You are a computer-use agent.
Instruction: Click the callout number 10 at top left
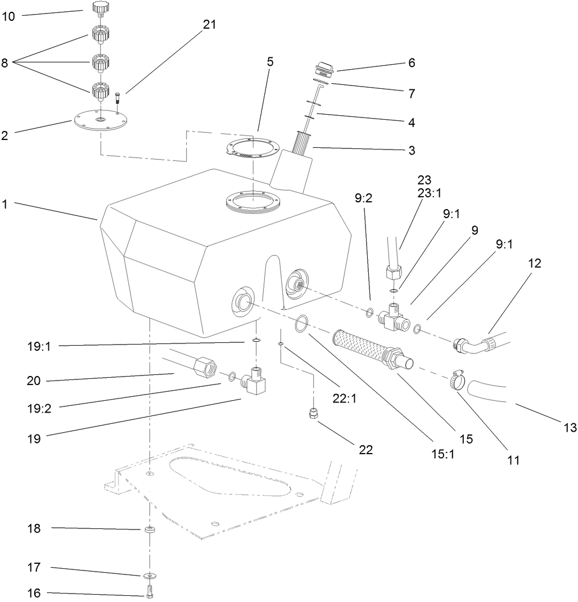(8, 16)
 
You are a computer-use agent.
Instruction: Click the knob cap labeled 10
(100, 8)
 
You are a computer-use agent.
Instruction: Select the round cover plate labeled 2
(100, 122)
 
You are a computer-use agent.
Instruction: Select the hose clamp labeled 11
(460, 381)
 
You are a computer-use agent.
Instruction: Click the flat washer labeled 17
(150, 575)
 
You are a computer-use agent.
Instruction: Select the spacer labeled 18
(150, 530)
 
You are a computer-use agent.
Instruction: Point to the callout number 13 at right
(570, 428)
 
